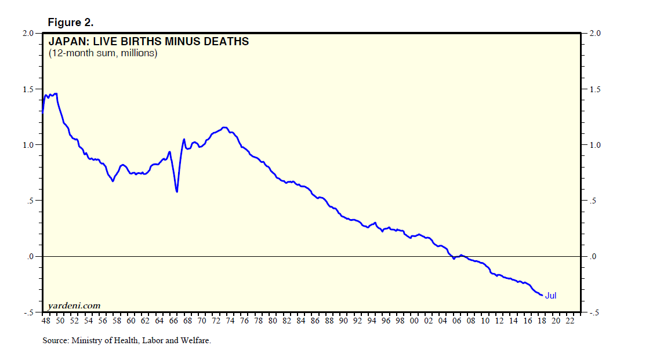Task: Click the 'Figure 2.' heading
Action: [x=70, y=23]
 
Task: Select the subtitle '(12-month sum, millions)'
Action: [x=103, y=53]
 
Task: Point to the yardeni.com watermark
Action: [x=74, y=305]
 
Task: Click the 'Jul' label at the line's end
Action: [x=550, y=296]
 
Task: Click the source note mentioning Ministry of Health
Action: [x=126, y=341]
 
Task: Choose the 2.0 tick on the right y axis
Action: [x=595, y=34]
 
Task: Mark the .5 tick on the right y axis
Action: [x=593, y=201]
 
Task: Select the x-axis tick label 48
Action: [x=46, y=321]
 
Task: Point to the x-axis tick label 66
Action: [x=173, y=321]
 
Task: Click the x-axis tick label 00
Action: [x=414, y=321]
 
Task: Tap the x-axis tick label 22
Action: [x=570, y=321]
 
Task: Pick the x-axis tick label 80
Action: [x=273, y=321]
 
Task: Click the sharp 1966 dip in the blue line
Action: [x=177, y=191]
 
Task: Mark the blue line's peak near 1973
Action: [x=224, y=128]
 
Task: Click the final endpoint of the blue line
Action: [x=542, y=296]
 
